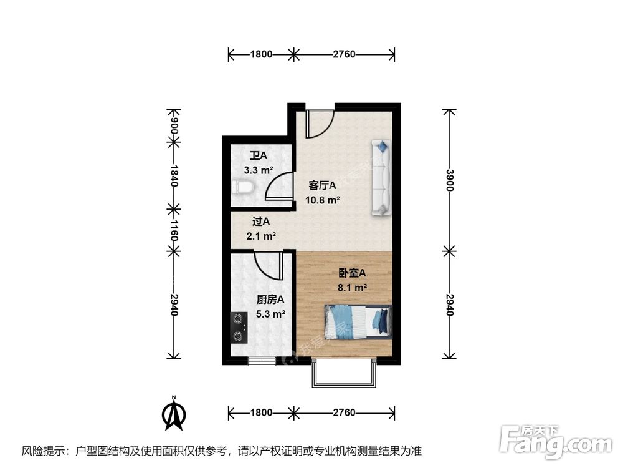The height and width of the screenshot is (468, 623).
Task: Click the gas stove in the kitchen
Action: tap(238, 328)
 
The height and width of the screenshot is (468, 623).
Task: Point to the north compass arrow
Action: tap(175, 414)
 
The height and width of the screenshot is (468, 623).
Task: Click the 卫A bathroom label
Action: tap(258, 155)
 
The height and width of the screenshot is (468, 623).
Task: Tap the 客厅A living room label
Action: tap(323, 185)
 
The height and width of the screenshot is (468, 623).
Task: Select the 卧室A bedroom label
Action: tap(352, 273)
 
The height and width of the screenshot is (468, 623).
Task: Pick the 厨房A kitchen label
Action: tap(270, 300)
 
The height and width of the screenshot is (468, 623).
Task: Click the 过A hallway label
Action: tap(261, 221)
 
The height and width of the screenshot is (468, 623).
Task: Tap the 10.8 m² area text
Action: tap(322, 200)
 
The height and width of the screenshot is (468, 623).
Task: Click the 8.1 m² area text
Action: tap(352, 288)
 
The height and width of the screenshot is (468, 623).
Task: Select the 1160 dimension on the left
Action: tap(174, 228)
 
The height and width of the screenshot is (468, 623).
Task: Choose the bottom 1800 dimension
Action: tap(261, 412)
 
